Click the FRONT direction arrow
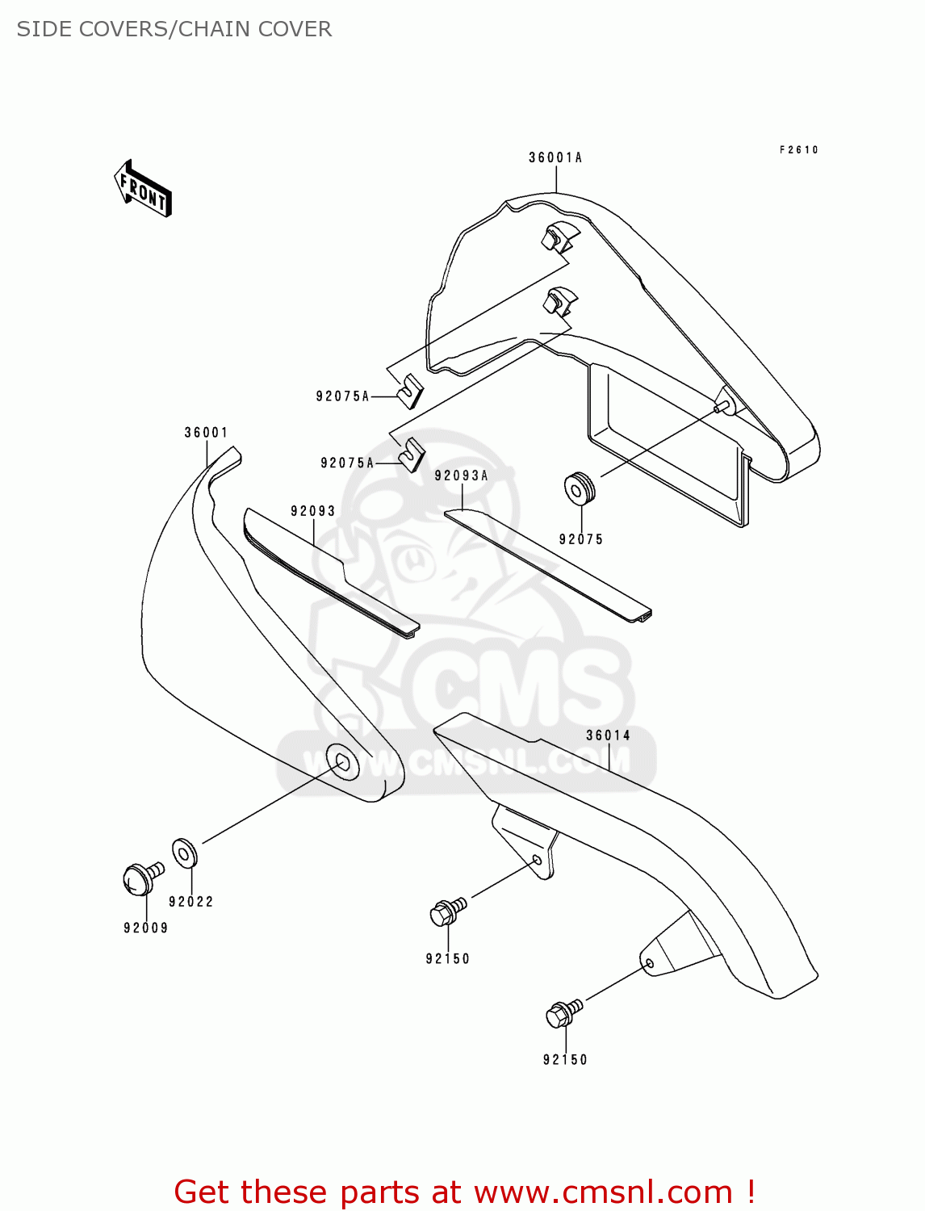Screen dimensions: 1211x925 pos(143,189)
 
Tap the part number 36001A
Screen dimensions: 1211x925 pos(555,158)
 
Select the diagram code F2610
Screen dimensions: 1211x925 pos(799,150)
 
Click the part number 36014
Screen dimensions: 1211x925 pos(608,735)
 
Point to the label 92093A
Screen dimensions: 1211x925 pos(461,476)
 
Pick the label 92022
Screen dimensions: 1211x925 pos(191,902)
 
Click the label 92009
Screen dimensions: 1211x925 pos(146,928)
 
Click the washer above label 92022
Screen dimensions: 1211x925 pos(184,853)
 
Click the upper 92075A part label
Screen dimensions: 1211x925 pos(342,396)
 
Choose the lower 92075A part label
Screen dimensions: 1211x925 pos(347,463)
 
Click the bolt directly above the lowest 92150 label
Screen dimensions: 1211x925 pos(562,1013)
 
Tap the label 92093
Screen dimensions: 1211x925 pos(313,511)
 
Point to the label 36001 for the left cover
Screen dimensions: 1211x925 pos(206,433)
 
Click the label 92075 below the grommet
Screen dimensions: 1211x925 pos(581,539)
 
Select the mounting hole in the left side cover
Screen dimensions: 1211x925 pos(341,763)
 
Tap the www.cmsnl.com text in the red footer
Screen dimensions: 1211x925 pos(602,1192)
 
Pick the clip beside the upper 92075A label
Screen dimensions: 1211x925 pos(411,388)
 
